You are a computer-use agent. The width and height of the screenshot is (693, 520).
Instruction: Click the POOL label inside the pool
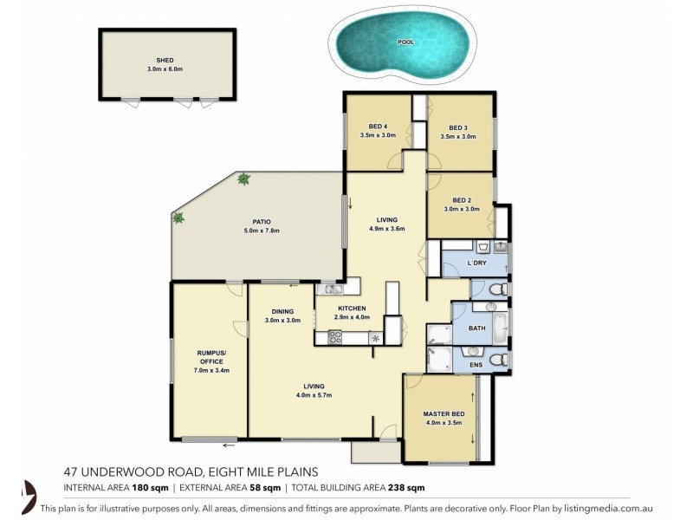coord(405,42)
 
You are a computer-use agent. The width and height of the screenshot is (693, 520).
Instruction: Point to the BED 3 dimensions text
coord(458,136)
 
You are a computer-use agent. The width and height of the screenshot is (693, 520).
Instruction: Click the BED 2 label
coord(463,199)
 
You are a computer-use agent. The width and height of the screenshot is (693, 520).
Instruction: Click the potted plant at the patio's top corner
coord(243,179)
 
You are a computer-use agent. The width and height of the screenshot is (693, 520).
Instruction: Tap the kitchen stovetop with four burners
coord(334,338)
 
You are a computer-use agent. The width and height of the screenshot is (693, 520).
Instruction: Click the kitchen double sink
coord(329,289)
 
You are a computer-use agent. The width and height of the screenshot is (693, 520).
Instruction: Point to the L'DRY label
coord(476,263)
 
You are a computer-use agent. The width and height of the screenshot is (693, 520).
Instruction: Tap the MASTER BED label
coord(444,413)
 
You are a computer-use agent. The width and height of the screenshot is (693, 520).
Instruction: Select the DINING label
coord(282,311)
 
